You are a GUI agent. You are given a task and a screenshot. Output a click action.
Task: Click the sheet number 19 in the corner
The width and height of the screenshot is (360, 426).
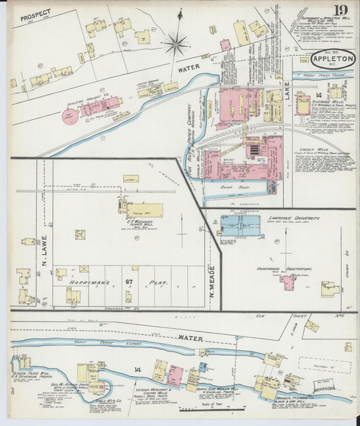(x=340, y=11)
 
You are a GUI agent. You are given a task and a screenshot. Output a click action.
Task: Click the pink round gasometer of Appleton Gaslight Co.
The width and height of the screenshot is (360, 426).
(x=70, y=116)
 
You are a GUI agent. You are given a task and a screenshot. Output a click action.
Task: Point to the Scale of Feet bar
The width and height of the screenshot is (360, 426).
(x=207, y=408)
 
